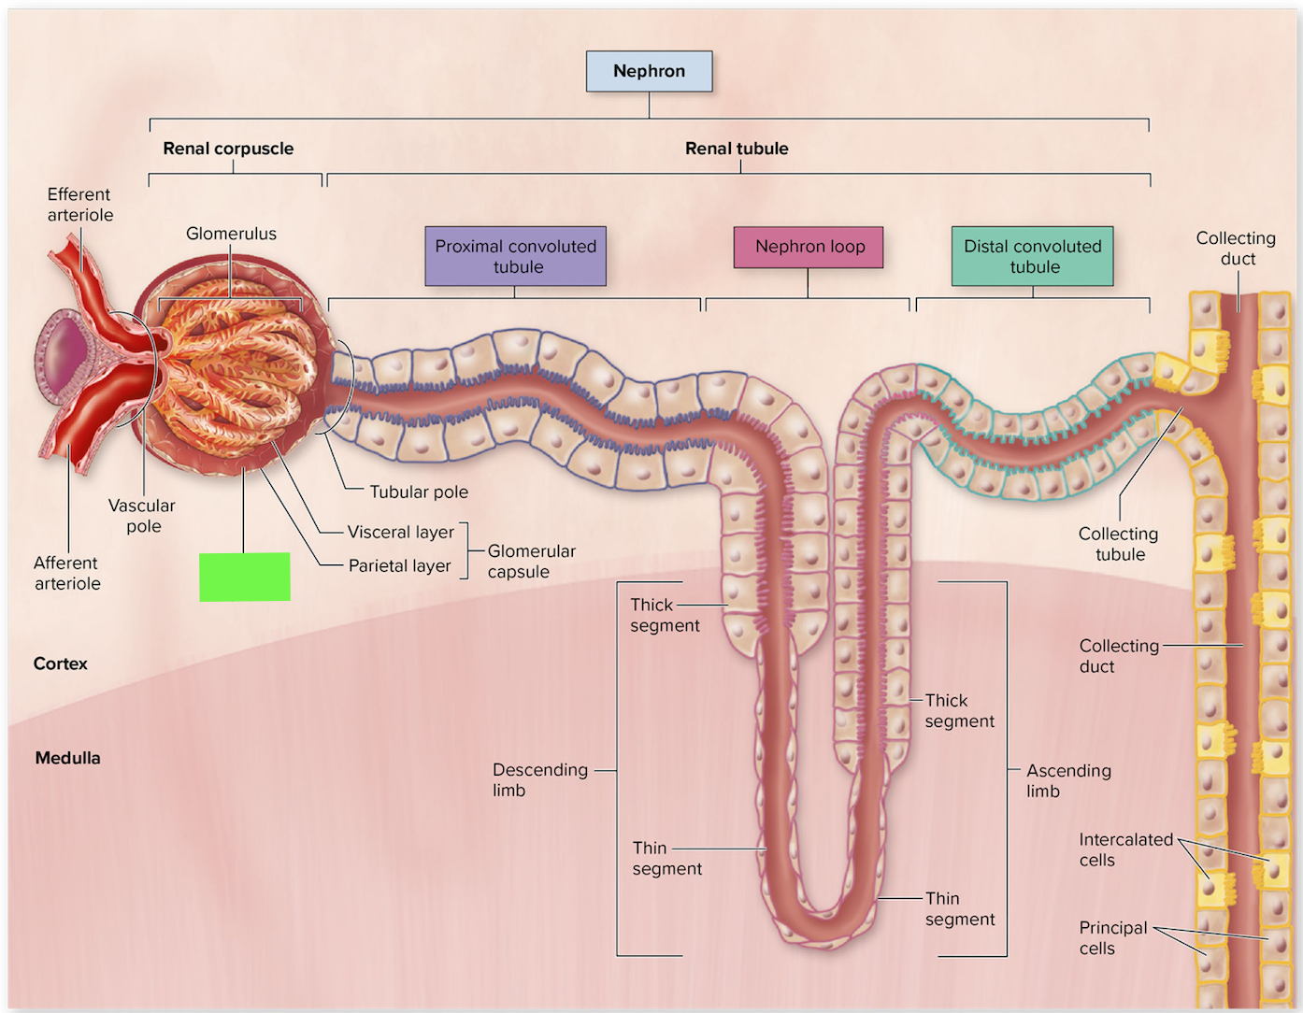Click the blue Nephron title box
[649, 71]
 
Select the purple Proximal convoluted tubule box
[516, 256]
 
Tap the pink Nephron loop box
[809, 247]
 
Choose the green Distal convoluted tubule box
[1033, 256]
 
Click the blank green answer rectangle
[245, 577]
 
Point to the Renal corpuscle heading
[228, 149]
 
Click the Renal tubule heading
[737, 149]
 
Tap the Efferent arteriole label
[79, 205]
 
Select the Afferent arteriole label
[67, 573]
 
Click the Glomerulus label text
[231, 234]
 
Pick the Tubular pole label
[419, 492]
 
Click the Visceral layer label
[401, 533]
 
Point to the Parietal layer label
[399, 566]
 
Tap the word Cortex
[61, 663]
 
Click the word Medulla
[67, 758]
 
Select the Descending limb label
[539, 779]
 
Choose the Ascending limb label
[1068, 780]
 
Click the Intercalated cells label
[1125, 849]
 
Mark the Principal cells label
[1113, 937]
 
